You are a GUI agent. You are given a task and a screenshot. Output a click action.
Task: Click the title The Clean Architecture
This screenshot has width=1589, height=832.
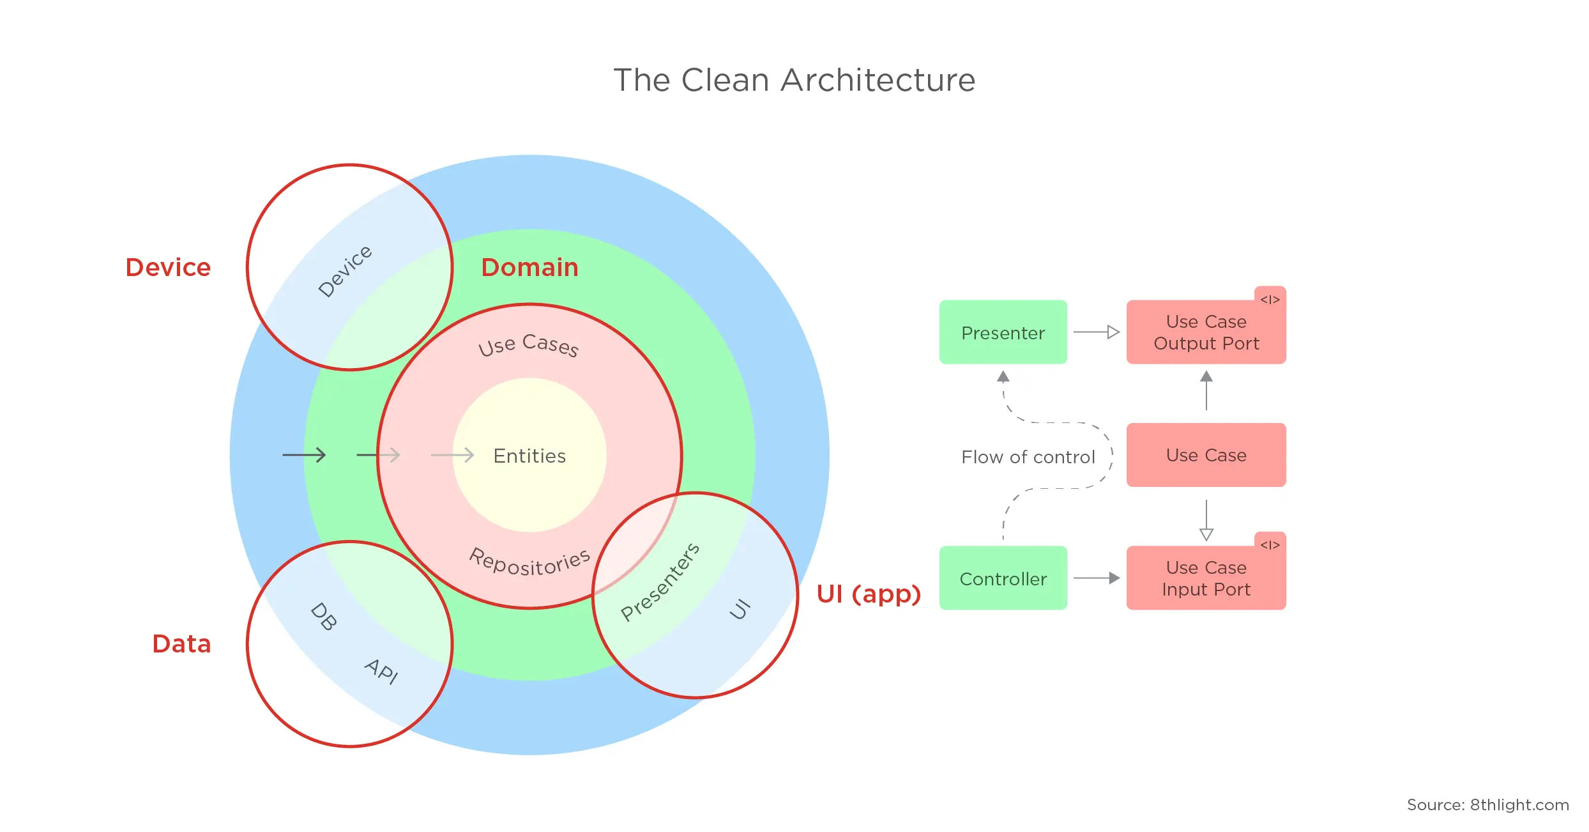[794, 81]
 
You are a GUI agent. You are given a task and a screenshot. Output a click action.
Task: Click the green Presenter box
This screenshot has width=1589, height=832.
[1003, 332]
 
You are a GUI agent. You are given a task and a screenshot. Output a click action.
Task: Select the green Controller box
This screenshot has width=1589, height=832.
[1003, 578]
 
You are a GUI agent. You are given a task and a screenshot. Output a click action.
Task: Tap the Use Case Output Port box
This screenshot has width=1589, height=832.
[1206, 332]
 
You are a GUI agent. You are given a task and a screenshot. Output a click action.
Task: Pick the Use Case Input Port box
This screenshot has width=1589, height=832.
[1206, 578]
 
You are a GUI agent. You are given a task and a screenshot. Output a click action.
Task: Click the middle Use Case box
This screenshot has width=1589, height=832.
[1206, 455]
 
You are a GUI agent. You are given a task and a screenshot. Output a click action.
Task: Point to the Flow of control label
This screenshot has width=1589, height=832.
[1028, 457]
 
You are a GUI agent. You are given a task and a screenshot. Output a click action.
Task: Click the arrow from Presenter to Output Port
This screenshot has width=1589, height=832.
[1096, 332]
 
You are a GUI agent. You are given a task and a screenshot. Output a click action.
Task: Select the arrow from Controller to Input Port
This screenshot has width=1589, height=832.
[1096, 578]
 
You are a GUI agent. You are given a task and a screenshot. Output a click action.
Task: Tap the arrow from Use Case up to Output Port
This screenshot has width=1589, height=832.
[1206, 390]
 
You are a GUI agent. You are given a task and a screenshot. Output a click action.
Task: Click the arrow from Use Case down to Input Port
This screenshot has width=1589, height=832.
[1206, 520]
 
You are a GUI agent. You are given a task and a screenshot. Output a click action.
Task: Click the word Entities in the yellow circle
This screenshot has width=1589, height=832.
[529, 456]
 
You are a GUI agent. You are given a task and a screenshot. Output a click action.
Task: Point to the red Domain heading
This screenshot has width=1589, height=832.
[529, 267]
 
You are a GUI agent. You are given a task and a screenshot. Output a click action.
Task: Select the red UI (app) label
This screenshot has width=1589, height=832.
[869, 594]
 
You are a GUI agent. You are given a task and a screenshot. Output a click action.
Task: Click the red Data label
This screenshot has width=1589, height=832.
[181, 643]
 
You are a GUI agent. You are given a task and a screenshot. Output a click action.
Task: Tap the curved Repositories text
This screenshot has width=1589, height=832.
[529, 563]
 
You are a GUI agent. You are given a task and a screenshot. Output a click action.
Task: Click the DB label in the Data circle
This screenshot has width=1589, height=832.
[323, 617]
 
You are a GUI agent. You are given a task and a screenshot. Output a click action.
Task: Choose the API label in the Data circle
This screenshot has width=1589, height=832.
[382, 671]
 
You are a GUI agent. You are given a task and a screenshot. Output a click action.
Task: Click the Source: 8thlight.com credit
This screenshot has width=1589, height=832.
[1487, 805]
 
